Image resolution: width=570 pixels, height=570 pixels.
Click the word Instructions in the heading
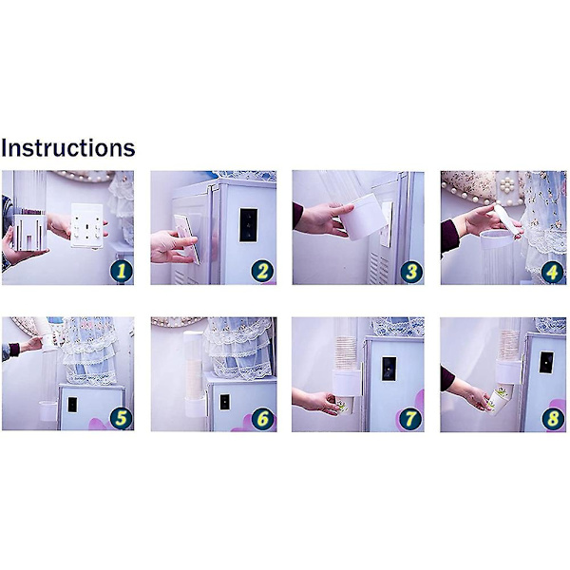(68, 148)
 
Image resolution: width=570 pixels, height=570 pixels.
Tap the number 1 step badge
(121, 271)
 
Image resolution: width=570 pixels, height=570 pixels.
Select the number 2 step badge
(262, 271)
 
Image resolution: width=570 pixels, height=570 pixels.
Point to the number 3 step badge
(411, 272)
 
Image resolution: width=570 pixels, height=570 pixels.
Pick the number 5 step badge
(121, 418)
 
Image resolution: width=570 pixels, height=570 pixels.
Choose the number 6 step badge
(262, 419)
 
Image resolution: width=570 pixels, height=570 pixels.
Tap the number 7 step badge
(410, 419)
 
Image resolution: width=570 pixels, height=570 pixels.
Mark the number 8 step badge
(553, 419)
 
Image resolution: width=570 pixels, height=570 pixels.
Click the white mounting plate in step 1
(86, 226)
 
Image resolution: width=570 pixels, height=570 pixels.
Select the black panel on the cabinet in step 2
(248, 225)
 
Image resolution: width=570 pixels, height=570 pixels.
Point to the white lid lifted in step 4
(504, 218)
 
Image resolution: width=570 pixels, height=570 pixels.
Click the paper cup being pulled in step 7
(345, 406)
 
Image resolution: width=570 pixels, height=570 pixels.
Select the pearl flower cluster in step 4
(507, 186)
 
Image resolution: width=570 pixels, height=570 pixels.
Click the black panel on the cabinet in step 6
(224, 402)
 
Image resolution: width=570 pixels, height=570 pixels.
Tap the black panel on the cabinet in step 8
(546, 363)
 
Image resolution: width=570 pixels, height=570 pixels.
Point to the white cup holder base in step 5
(48, 410)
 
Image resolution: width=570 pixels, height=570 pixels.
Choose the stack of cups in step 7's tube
(346, 353)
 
